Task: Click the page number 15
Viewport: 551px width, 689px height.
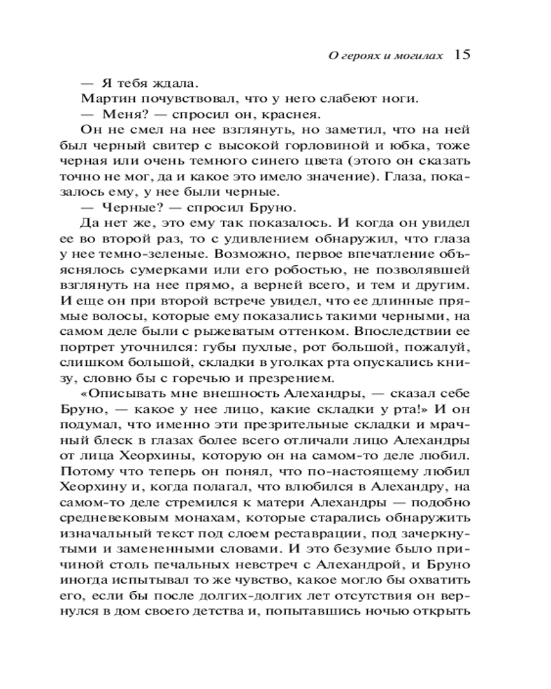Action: (x=462, y=54)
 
